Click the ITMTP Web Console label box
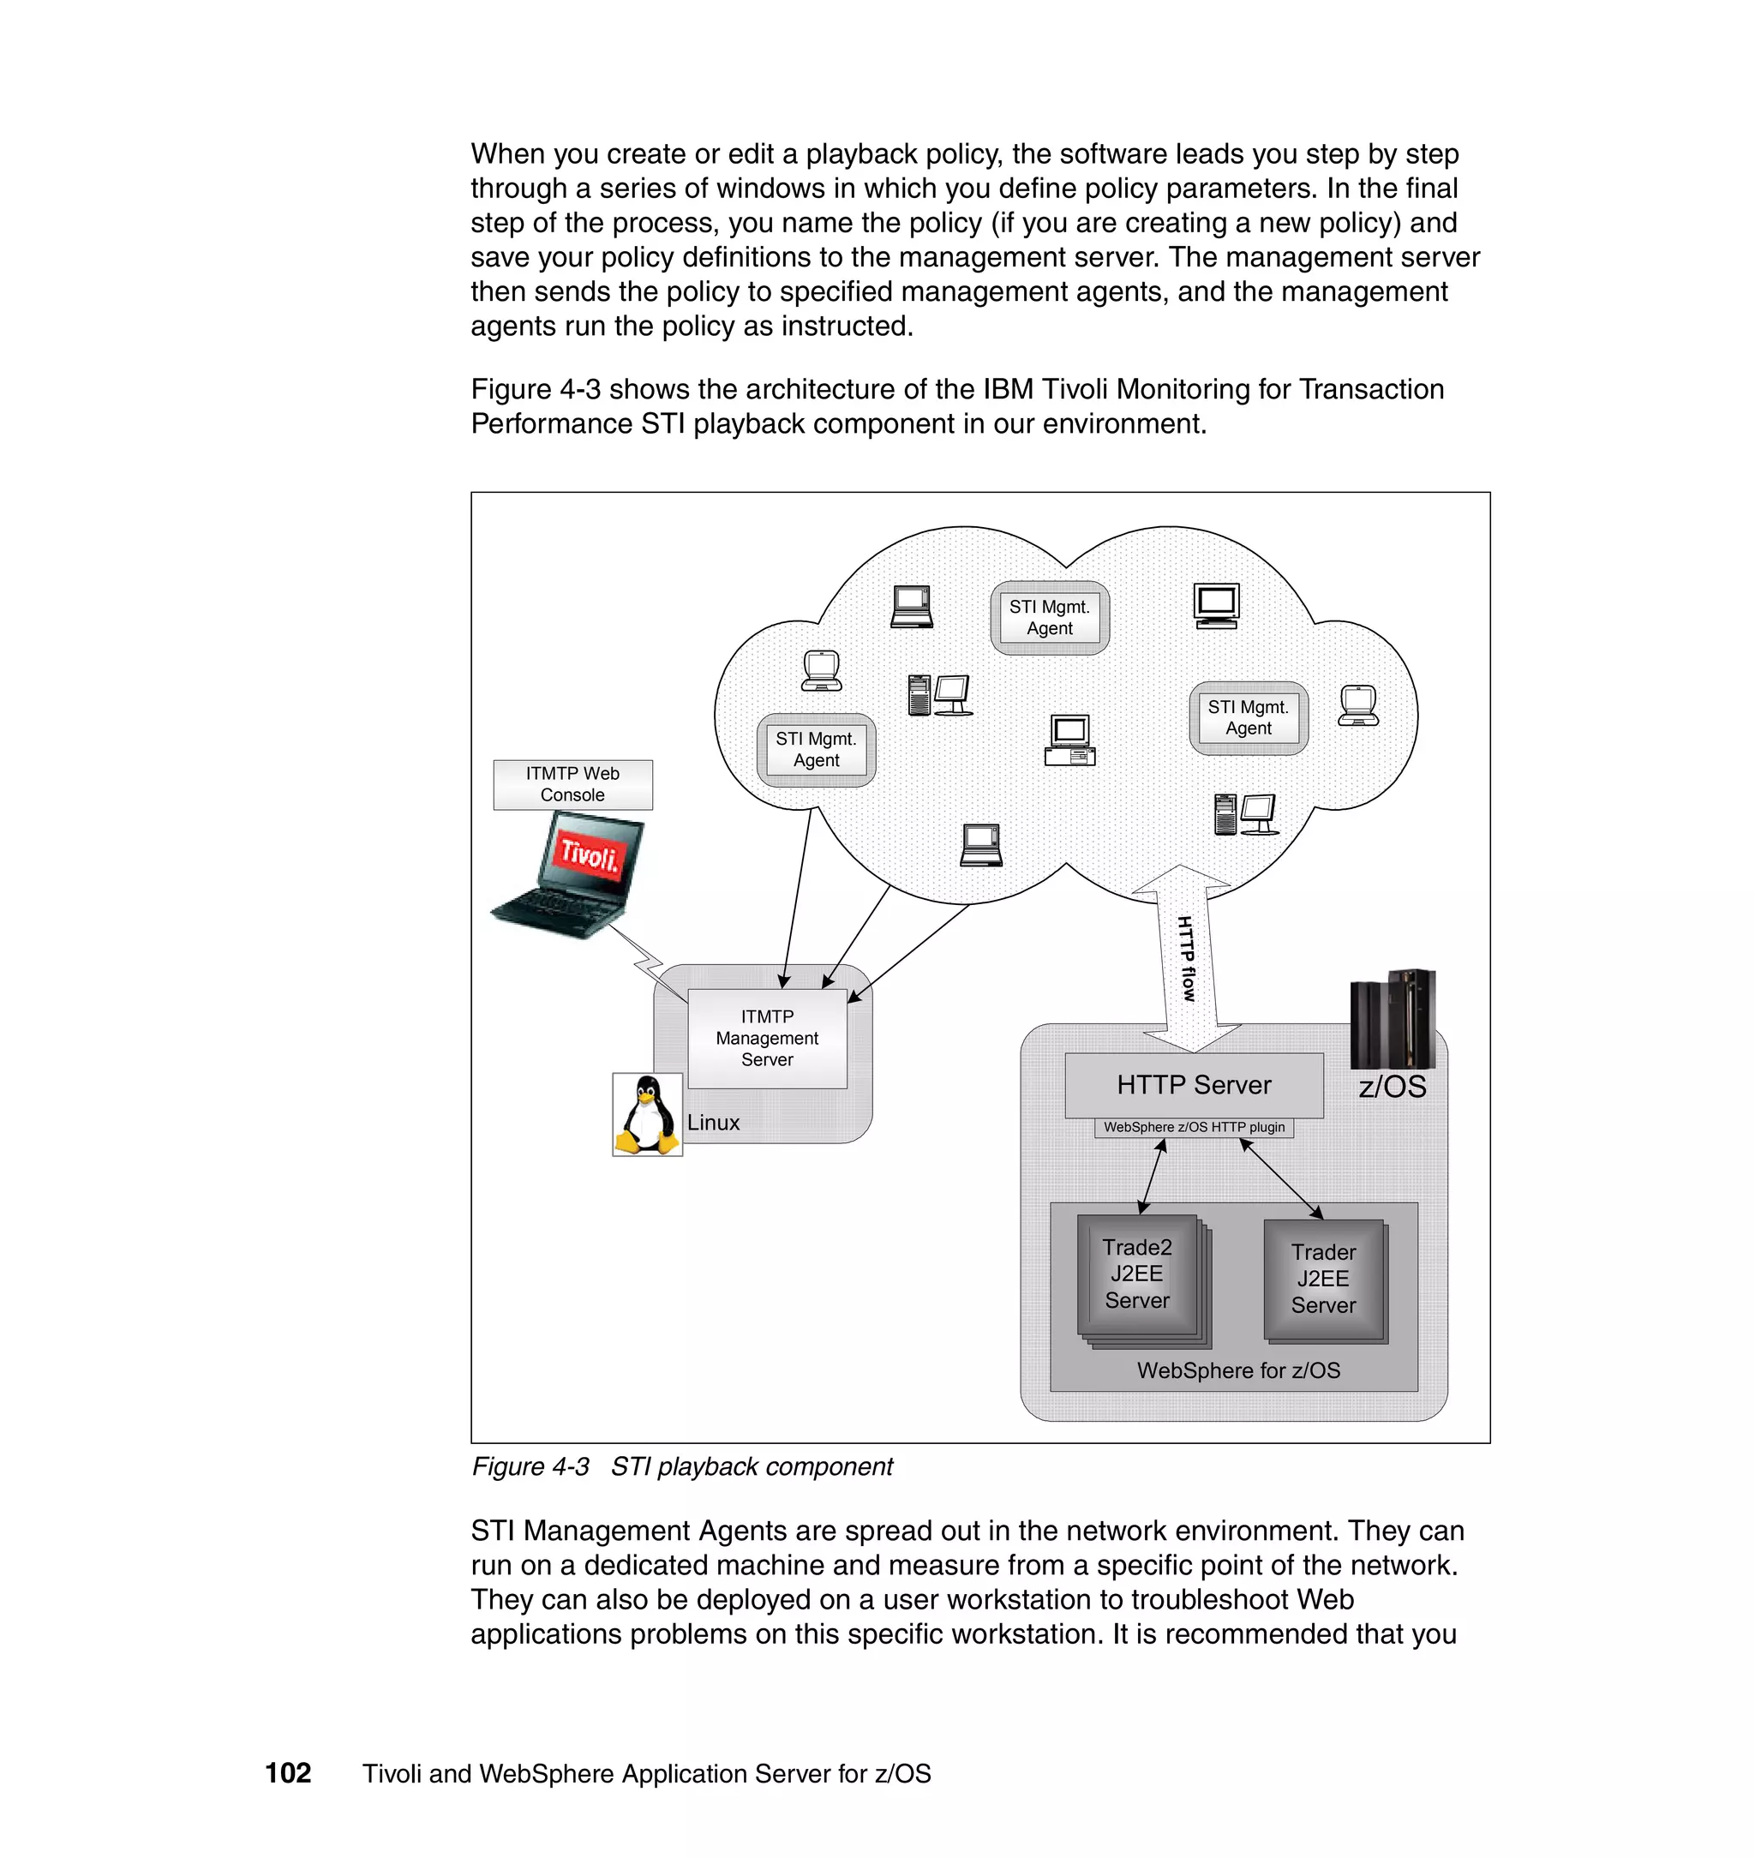[572, 784]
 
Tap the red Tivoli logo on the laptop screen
[590, 854]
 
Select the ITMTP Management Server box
[767, 1038]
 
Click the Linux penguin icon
[646, 1114]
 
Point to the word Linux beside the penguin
[713, 1123]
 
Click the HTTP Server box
[1194, 1085]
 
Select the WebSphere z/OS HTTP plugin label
[1194, 1127]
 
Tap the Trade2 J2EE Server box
[1136, 1274]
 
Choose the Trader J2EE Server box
[1323, 1279]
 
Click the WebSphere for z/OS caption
[1237, 1370]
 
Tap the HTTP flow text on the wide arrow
[1186, 959]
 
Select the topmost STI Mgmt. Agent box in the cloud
[1050, 617]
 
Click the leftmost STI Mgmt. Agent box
[816, 749]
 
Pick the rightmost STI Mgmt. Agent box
[1248, 717]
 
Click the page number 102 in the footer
[288, 1773]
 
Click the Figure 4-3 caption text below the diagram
[682, 1467]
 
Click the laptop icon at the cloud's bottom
[981, 845]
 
